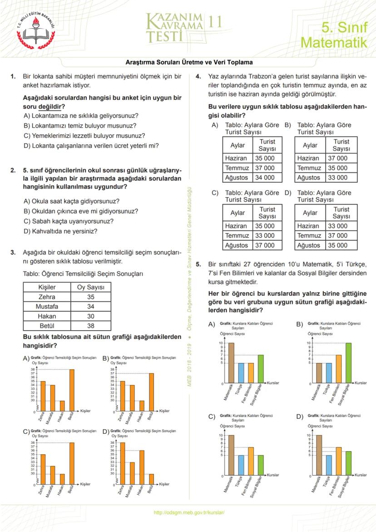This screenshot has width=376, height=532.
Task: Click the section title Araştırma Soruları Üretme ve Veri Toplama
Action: (x=189, y=62)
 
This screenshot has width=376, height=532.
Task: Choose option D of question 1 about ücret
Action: (x=91, y=146)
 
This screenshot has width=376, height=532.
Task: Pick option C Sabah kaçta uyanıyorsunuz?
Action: (x=69, y=221)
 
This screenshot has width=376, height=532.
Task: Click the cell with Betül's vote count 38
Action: (x=90, y=325)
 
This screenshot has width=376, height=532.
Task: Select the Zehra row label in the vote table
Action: (x=47, y=297)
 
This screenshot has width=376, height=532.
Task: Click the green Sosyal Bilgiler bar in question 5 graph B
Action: (x=348, y=363)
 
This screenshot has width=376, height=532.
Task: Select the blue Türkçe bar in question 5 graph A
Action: (x=241, y=373)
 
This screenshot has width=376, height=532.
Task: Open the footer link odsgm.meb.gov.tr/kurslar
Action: (x=189, y=512)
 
